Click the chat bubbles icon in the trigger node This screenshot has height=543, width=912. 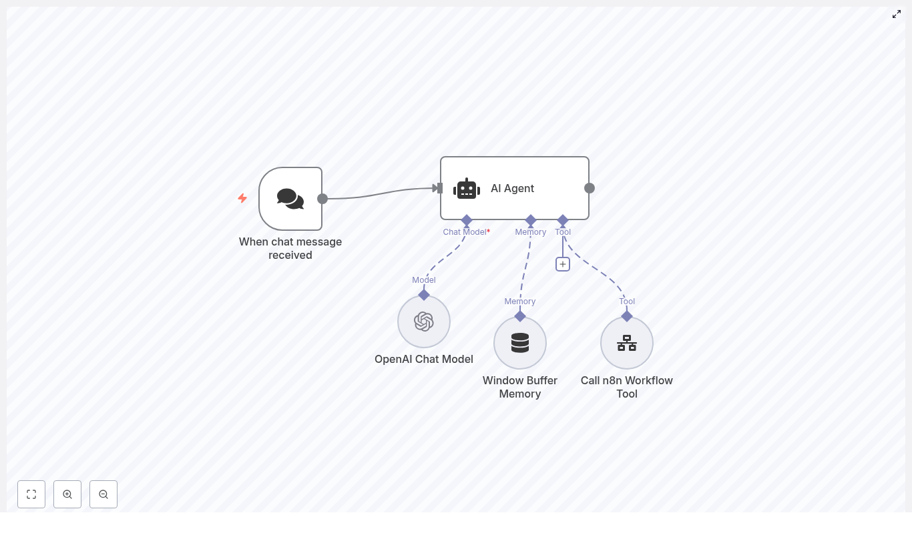(x=290, y=199)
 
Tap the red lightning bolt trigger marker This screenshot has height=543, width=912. (x=242, y=198)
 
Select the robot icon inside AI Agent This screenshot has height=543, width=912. (x=467, y=189)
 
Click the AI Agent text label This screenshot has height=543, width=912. (x=512, y=189)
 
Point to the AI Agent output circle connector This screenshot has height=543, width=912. (x=590, y=188)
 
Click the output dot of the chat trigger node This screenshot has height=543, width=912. (x=322, y=199)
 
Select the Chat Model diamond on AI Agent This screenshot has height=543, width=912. (x=467, y=220)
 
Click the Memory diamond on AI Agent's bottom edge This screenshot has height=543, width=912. (x=531, y=220)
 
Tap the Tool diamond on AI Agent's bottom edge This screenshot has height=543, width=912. (x=563, y=220)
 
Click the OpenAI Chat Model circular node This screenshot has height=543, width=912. (x=424, y=322)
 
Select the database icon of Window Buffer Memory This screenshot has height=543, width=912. (x=520, y=343)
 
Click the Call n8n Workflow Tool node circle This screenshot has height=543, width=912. (x=627, y=343)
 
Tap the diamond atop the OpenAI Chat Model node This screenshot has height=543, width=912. (x=424, y=295)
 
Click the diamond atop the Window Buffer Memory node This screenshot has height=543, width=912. (x=520, y=316)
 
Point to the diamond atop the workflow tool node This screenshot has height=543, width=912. (x=627, y=316)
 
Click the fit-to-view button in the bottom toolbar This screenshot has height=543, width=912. (x=31, y=494)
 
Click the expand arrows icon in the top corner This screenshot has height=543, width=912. (x=897, y=14)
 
